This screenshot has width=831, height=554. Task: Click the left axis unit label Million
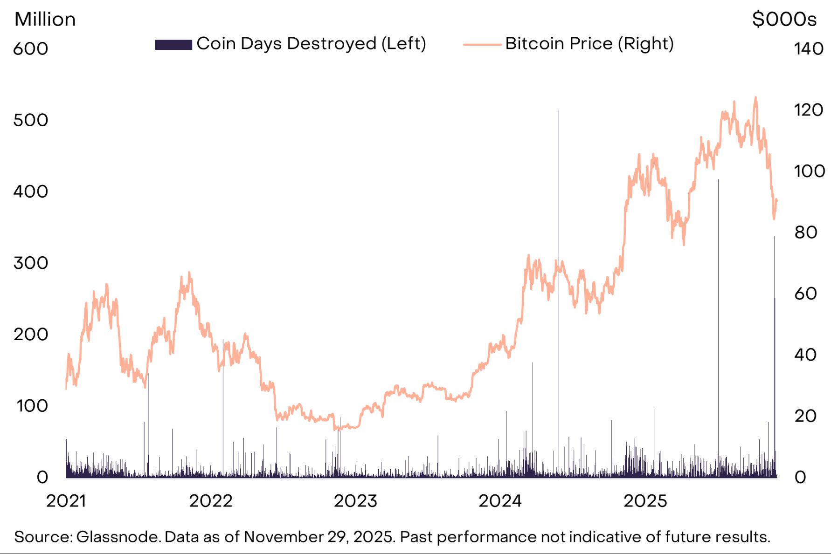pyautogui.click(x=45, y=20)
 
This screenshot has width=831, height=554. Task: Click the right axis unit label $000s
pyautogui.click(x=784, y=20)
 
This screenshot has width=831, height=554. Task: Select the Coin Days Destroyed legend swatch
pyautogui.click(x=173, y=44)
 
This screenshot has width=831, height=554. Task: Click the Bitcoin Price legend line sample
pyautogui.click(x=482, y=45)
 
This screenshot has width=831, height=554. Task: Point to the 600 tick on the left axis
pyautogui.click(x=30, y=49)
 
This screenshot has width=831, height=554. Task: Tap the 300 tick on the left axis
pyautogui.click(x=30, y=263)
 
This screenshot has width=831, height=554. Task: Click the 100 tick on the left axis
pyautogui.click(x=32, y=406)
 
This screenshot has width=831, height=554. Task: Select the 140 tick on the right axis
pyautogui.click(x=808, y=49)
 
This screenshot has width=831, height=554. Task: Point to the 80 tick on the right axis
pyautogui.click(x=806, y=232)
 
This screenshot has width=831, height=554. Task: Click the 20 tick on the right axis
pyautogui.click(x=805, y=416)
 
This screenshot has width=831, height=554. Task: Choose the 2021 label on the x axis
pyautogui.click(x=66, y=501)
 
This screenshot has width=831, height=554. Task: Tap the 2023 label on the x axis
pyautogui.click(x=355, y=501)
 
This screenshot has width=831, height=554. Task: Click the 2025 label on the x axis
pyautogui.click(x=645, y=501)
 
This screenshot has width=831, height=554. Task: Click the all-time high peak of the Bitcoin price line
pyautogui.click(x=755, y=98)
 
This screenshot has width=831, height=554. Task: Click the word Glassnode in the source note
pyautogui.click(x=118, y=537)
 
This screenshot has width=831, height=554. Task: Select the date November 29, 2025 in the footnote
pyautogui.click(x=319, y=537)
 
